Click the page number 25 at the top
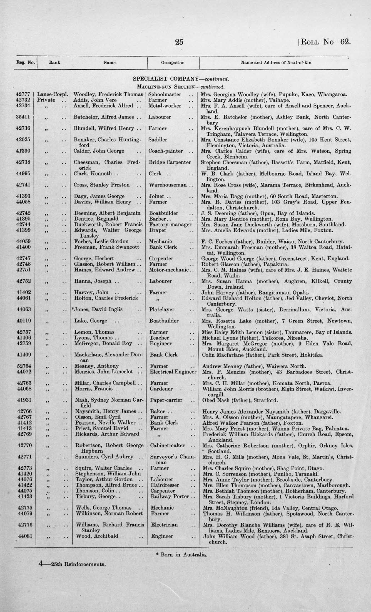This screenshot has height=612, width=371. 179,42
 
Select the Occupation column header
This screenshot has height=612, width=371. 173,63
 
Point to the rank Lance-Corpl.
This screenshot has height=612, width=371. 53,95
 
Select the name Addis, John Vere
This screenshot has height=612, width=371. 95,100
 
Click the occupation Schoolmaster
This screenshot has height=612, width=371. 165,95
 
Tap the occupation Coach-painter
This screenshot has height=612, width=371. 166,151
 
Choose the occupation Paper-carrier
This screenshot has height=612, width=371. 166,400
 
